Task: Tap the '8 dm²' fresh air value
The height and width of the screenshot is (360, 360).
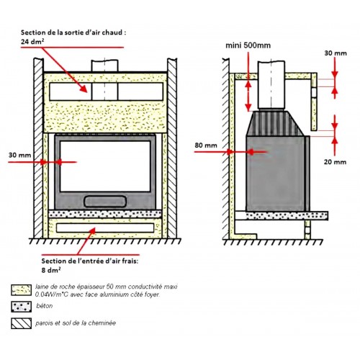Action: (x=51, y=270)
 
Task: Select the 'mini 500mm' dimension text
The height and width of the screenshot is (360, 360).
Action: (x=248, y=45)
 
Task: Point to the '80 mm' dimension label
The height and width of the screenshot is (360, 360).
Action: (x=206, y=145)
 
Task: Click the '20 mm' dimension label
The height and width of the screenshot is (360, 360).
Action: (x=335, y=162)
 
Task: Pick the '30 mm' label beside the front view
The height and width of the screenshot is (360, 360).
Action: (x=20, y=155)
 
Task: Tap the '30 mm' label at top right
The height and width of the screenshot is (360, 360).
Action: (x=336, y=53)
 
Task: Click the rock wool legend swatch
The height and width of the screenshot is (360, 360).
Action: (x=21, y=290)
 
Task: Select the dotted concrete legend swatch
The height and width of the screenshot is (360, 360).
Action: (x=21, y=307)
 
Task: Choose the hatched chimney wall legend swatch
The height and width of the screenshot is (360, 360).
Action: (x=21, y=323)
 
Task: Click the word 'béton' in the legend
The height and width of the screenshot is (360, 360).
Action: (x=45, y=306)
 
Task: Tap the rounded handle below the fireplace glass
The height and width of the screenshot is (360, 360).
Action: (x=105, y=202)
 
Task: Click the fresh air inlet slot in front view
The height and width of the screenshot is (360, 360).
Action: (x=105, y=228)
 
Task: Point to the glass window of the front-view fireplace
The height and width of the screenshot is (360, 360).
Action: (x=105, y=166)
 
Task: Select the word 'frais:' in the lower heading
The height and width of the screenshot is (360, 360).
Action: (x=129, y=261)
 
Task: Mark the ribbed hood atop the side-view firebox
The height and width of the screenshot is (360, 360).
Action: (x=276, y=123)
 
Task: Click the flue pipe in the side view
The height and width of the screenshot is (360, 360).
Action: (x=271, y=84)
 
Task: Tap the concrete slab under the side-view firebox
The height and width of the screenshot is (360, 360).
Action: (x=287, y=215)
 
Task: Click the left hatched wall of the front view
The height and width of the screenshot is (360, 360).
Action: (x=38, y=148)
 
